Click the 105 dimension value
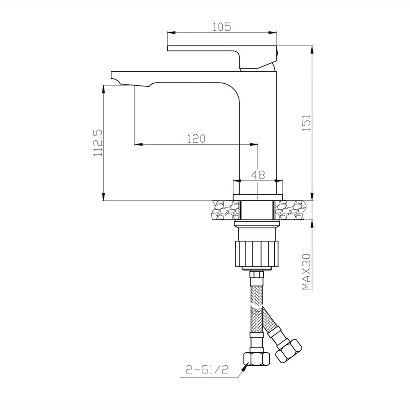tap(221, 27)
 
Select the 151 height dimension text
tap(306, 123)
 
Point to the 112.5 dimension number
tap(98, 143)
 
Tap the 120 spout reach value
tap(196, 139)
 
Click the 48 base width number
tap(258, 175)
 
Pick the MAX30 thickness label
tap(306, 272)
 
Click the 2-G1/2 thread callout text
tap(207, 369)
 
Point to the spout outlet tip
tap(115, 78)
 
